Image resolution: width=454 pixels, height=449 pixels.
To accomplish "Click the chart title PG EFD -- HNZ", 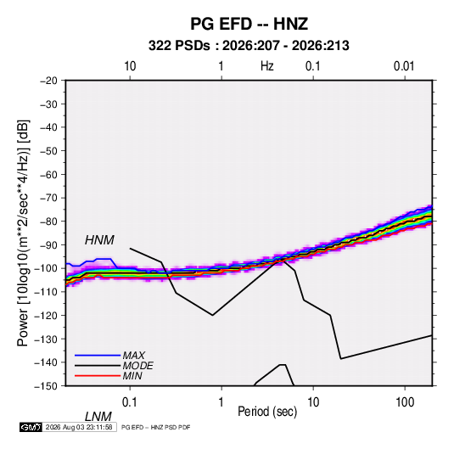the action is pyautogui.click(x=249, y=24).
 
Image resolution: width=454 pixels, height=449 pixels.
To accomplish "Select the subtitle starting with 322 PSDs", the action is pyautogui.click(x=249, y=46).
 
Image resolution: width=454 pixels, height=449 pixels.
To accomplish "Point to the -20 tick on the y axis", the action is pyautogui.click(x=48, y=81).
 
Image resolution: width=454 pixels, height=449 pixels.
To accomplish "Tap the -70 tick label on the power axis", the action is pyautogui.click(x=48, y=198).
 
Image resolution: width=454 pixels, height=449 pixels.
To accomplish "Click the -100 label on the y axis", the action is pyautogui.click(x=47, y=268).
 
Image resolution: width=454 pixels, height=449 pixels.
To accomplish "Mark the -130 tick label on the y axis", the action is pyautogui.click(x=47, y=340).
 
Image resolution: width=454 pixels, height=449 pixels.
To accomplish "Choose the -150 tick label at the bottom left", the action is pyautogui.click(x=47, y=386).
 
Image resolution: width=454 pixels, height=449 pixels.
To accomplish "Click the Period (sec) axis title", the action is pyautogui.click(x=267, y=412).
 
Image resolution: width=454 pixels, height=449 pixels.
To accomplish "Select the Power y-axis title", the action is pyautogui.click(x=23, y=233).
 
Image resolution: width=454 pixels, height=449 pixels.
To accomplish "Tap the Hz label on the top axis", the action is pyautogui.click(x=267, y=66).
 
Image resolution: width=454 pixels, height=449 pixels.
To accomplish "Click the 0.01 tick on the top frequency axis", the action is pyautogui.click(x=404, y=66).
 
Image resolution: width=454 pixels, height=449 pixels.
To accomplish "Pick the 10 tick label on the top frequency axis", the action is pyautogui.click(x=130, y=66).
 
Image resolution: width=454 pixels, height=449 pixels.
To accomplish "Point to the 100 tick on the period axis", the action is pyautogui.click(x=405, y=402).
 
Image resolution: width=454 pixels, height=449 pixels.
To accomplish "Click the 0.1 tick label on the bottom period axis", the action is pyautogui.click(x=129, y=402).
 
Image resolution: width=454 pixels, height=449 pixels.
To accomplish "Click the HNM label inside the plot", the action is pyautogui.click(x=99, y=240).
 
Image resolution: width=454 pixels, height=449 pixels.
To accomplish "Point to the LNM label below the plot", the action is pyautogui.click(x=98, y=417).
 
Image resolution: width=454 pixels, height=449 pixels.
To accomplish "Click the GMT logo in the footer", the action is pyautogui.click(x=31, y=427).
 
